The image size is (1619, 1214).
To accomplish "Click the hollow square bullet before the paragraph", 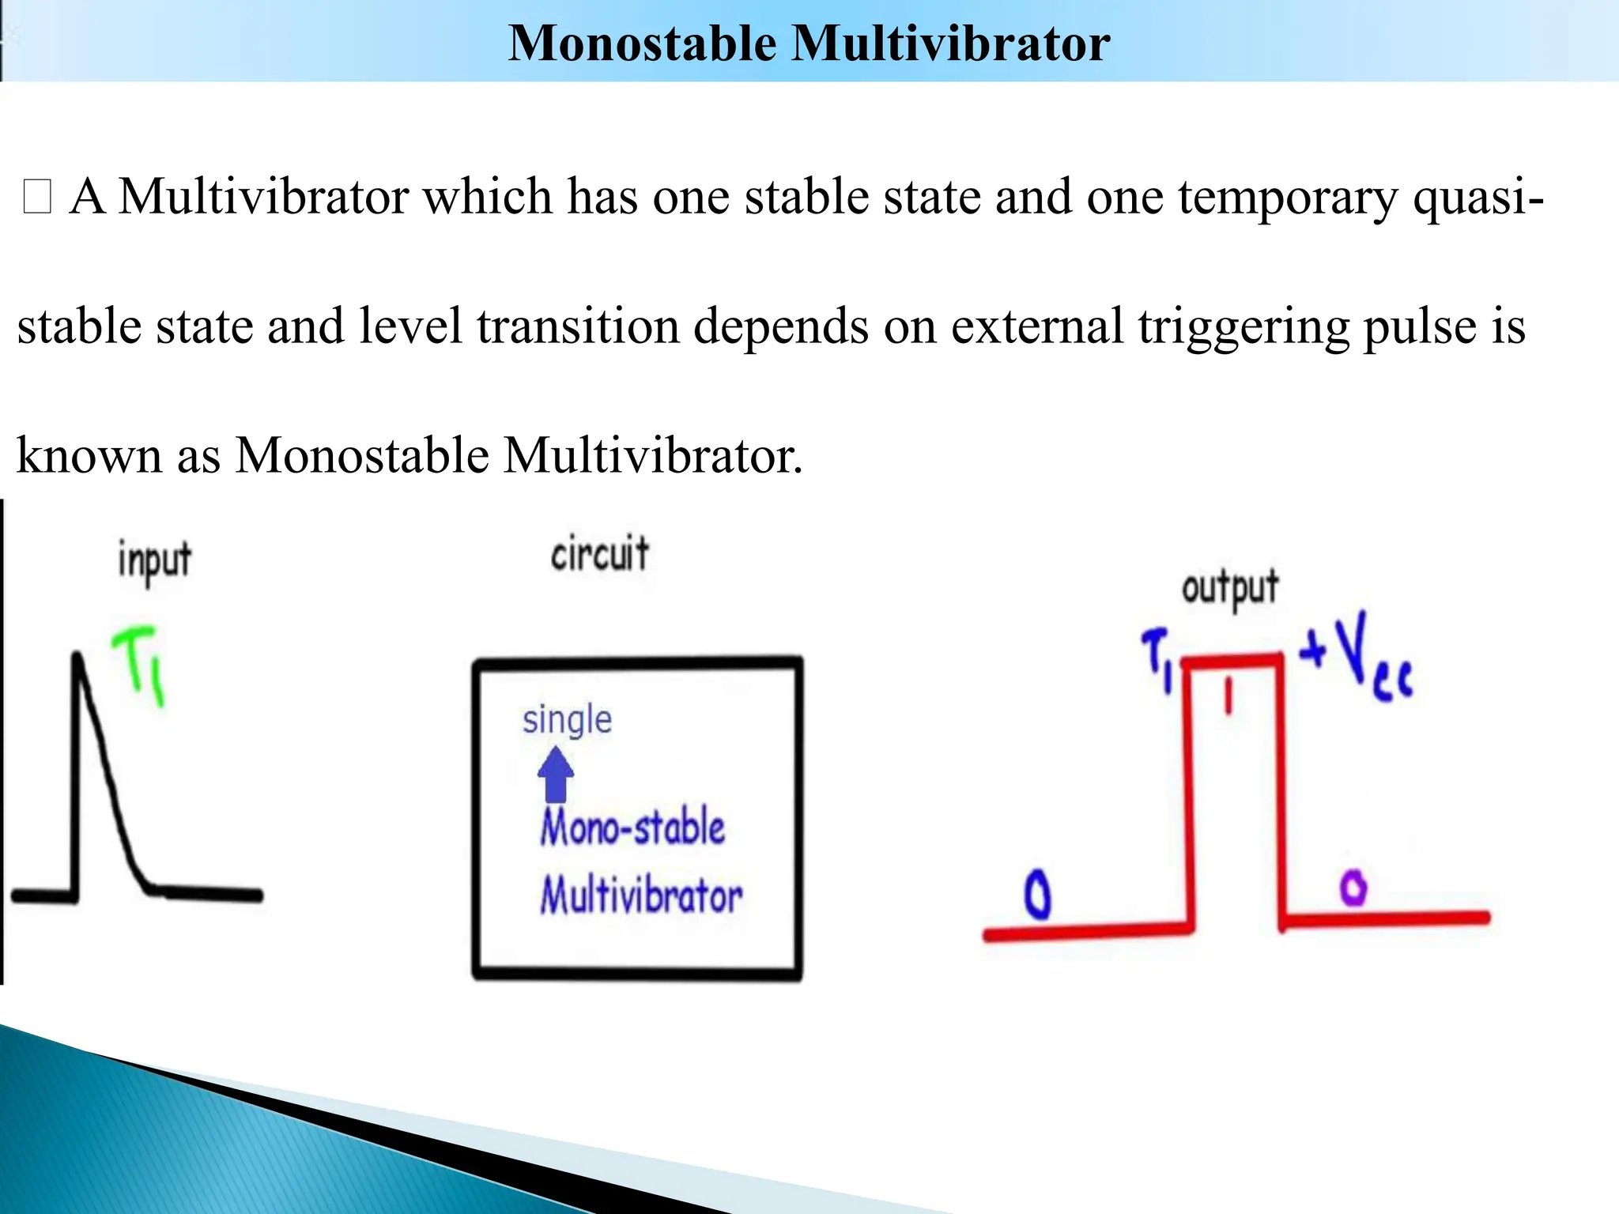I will (37, 197).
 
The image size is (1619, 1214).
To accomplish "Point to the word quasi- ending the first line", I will (1477, 197).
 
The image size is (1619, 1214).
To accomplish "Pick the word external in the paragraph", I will (1036, 326).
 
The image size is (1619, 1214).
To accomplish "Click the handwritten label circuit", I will (599, 553).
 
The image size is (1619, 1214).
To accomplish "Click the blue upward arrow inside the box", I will (556, 775).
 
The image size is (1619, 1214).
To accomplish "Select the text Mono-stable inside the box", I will (632, 828).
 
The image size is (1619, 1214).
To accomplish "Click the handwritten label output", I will (1229, 588).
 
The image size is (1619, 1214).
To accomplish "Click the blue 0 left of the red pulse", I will (1037, 895).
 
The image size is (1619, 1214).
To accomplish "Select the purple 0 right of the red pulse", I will (1353, 887).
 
